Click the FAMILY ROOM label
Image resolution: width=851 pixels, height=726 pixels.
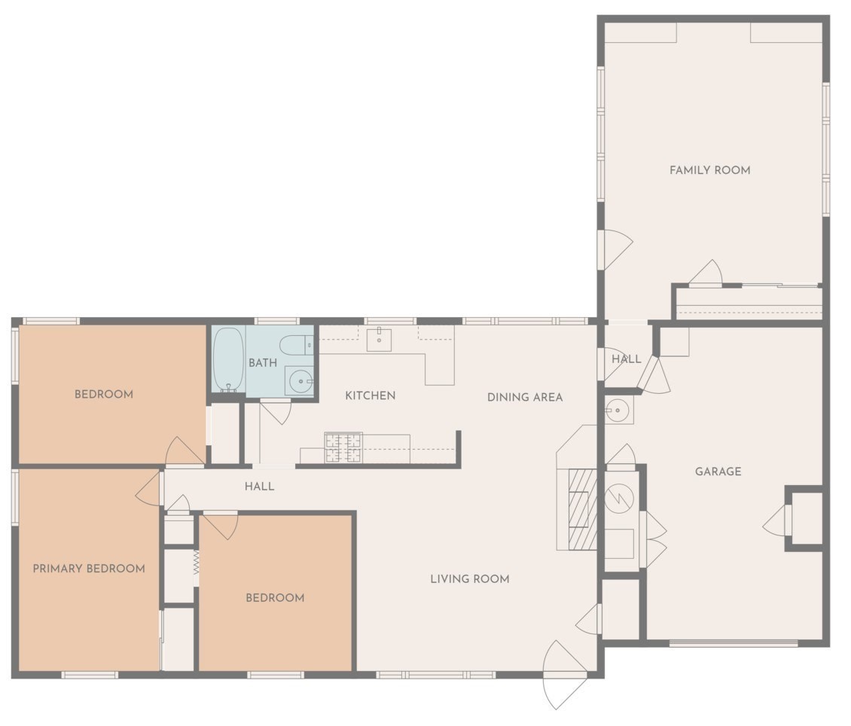coord(709,170)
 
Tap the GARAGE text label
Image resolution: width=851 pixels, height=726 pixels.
coord(718,471)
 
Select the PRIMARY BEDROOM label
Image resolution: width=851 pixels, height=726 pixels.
coord(89,569)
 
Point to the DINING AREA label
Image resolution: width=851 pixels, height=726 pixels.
coord(525,397)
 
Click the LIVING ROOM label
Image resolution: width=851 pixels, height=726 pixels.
coord(470,579)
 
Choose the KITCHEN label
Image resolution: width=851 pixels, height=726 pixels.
coord(370,395)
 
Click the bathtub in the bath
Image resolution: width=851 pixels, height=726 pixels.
coord(228,359)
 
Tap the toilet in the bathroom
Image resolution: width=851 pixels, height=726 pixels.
coord(295,346)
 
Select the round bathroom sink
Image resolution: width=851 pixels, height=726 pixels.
coord(299,381)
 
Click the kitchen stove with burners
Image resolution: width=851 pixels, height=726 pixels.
coord(343,447)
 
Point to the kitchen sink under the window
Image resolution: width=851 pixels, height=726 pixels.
coord(379,340)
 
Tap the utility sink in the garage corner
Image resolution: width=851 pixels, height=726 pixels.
coord(618,410)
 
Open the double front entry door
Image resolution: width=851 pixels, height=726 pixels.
coord(565,675)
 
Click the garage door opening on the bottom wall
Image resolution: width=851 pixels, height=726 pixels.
coord(733,643)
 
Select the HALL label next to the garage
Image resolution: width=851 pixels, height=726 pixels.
coord(626,359)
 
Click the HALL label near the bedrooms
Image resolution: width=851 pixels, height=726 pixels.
coord(259,487)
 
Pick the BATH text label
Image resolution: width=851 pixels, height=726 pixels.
coord(263,363)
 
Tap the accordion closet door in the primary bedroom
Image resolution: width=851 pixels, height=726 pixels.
coord(196,562)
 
